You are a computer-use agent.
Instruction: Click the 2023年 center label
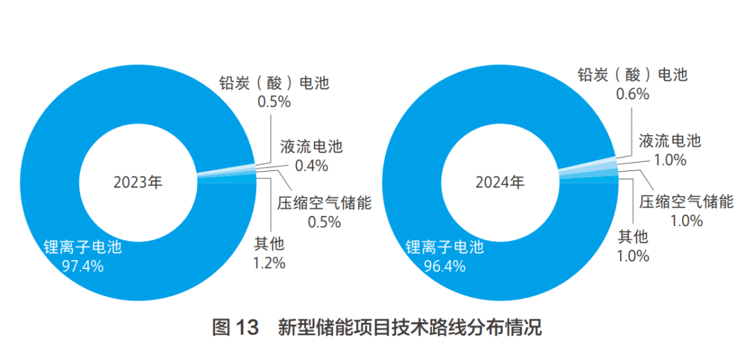pyautogui.click(x=138, y=183)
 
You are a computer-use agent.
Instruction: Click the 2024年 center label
pyautogui.click(x=500, y=183)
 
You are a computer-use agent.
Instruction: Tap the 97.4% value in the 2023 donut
pyautogui.click(x=83, y=266)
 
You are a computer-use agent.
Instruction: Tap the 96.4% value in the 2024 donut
pyautogui.click(x=445, y=266)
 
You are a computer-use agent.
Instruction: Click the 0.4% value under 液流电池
pyautogui.click(x=311, y=166)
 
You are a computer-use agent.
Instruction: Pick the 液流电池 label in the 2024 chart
pyautogui.click(x=670, y=141)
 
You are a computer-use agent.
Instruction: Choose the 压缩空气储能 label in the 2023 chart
pyautogui.click(x=325, y=203)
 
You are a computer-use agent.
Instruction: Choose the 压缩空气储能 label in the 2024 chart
pyautogui.click(x=686, y=202)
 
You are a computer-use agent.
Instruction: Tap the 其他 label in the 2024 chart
pyautogui.click(x=633, y=237)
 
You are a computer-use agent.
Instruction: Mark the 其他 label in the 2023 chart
pyautogui.click(x=270, y=243)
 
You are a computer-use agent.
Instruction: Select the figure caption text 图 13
pyautogui.click(x=235, y=327)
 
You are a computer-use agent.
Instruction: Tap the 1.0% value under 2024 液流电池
pyautogui.click(x=670, y=161)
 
